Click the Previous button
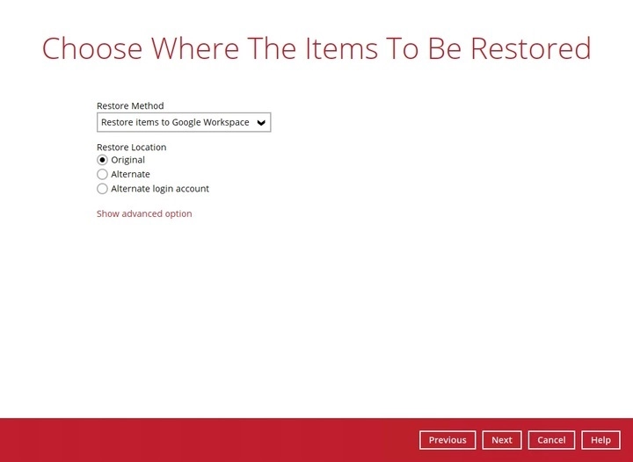point(447,440)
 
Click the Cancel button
point(551,440)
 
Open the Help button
point(600,440)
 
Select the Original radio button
point(102,160)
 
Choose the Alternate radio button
point(102,174)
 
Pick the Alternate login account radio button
point(102,188)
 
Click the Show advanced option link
point(144,213)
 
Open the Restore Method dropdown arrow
point(261,122)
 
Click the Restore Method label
point(130,106)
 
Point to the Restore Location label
point(131,147)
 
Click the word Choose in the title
point(91,48)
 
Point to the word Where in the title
point(193,48)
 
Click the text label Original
point(128,160)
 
